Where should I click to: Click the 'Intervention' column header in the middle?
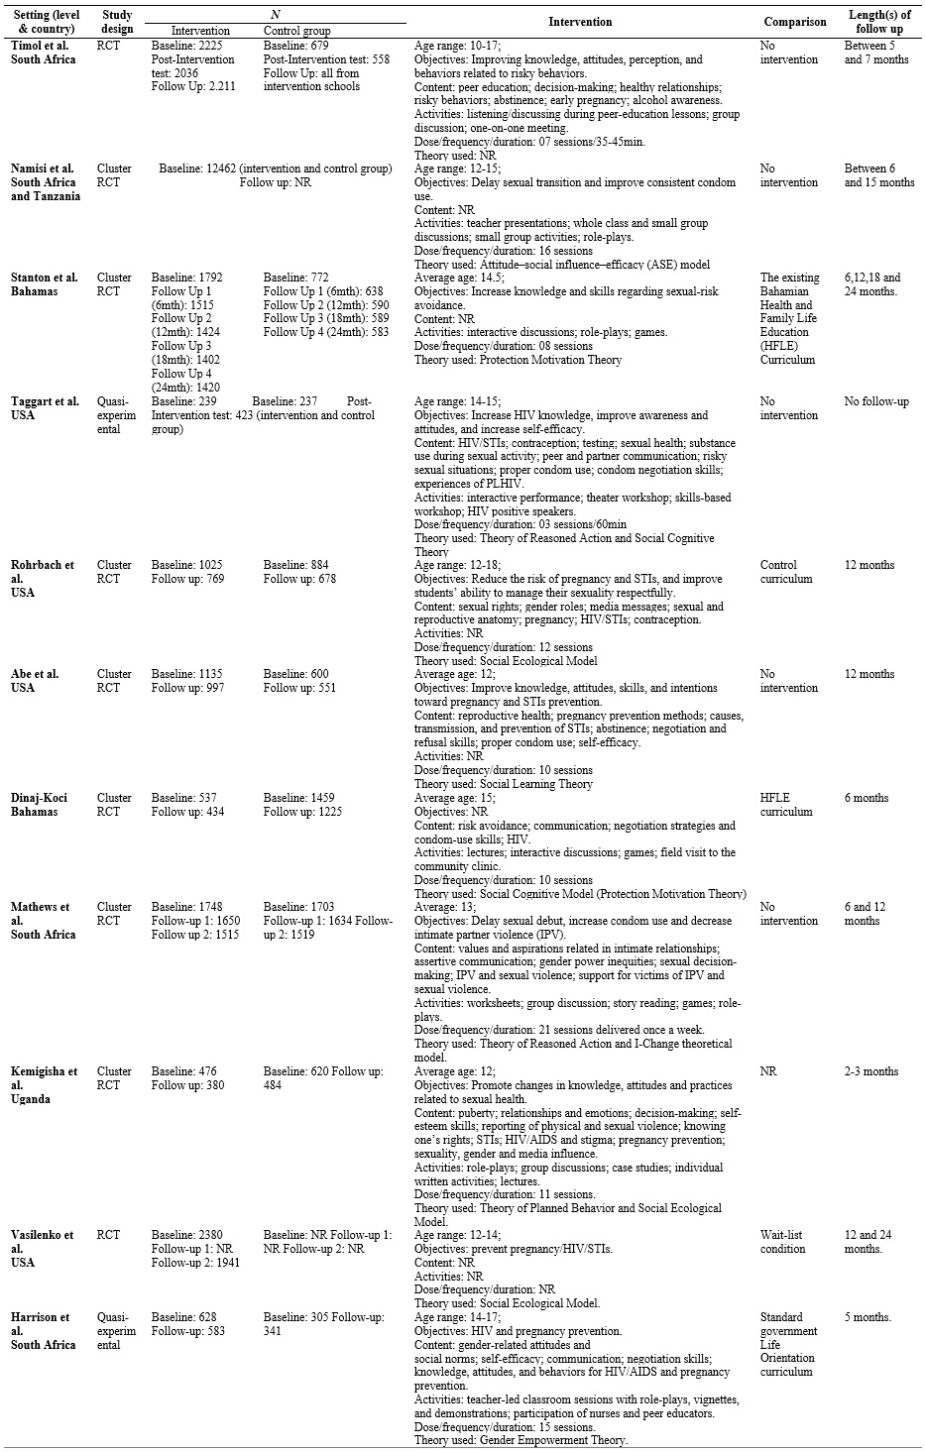(x=580, y=22)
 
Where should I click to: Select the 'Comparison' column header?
(x=794, y=22)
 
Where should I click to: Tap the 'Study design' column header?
(x=117, y=22)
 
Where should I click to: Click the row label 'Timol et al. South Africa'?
(x=44, y=53)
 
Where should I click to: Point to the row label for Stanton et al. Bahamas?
(x=44, y=284)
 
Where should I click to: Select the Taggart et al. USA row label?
(x=44, y=408)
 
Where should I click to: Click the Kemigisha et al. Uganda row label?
(x=44, y=1084)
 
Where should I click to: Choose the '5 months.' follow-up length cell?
(x=867, y=1317)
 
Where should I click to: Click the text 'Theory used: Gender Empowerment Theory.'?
(x=520, y=1440)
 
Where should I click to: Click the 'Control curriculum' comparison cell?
(x=785, y=572)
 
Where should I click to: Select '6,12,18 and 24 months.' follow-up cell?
(x=872, y=284)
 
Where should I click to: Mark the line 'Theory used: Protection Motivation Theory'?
(x=518, y=360)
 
